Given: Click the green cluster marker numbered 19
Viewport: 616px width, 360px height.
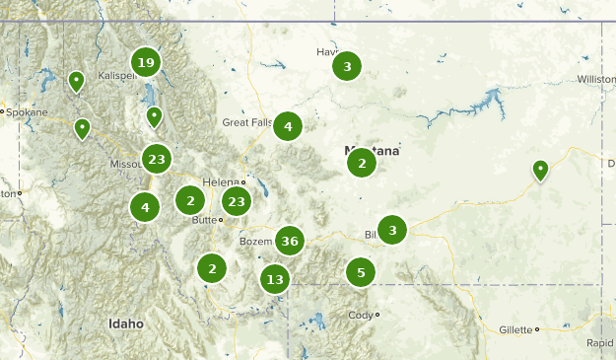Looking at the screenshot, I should (x=146, y=64).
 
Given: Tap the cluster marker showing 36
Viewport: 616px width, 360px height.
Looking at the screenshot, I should (x=289, y=241).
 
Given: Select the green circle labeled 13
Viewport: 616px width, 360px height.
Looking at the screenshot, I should (x=275, y=279).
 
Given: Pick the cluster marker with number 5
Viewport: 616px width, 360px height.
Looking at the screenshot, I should (x=361, y=272).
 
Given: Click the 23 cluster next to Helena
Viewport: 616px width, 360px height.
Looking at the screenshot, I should (x=236, y=202).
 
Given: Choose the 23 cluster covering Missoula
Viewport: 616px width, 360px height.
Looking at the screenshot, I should (x=156, y=158).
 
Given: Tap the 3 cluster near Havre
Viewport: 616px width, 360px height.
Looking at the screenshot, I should (x=346, y=67).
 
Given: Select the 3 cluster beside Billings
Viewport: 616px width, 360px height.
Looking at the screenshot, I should (x=392, y=231).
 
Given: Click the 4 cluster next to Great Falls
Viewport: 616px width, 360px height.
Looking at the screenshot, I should (x=288, y=126).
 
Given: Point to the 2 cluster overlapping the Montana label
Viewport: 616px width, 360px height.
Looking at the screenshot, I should (x=362, y=163).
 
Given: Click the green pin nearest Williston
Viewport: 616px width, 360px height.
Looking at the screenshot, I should (x=540, y=171).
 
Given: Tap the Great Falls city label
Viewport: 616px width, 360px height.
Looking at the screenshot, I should (x=245, y=122).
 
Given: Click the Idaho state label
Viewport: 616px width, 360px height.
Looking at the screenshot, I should (x=126, y=324).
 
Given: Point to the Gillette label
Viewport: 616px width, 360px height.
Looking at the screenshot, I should (x=513, y=329).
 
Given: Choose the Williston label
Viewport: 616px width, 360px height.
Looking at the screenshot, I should (x=596, y=78).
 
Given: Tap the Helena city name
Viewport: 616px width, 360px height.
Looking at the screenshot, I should (x=220, y=182).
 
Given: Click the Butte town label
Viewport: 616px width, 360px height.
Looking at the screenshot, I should (x=203, y=220).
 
